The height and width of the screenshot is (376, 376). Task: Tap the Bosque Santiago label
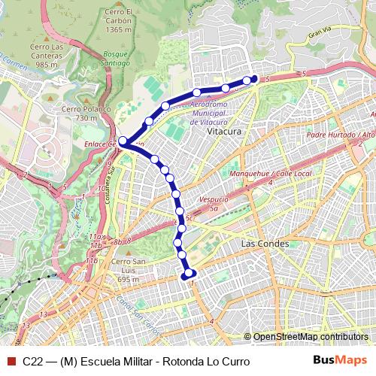pyautogui.click(x=117, y=59)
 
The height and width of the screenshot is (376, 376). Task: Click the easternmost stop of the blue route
pyautogui.click(x=253, y=78)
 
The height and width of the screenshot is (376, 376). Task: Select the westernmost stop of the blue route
pyautogui.click(x=123, y=140)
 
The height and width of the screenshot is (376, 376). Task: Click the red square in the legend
pyautogui.click(x=11, y=362)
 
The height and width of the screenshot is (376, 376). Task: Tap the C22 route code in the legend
pyautogui.click(x=32, y=362)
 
